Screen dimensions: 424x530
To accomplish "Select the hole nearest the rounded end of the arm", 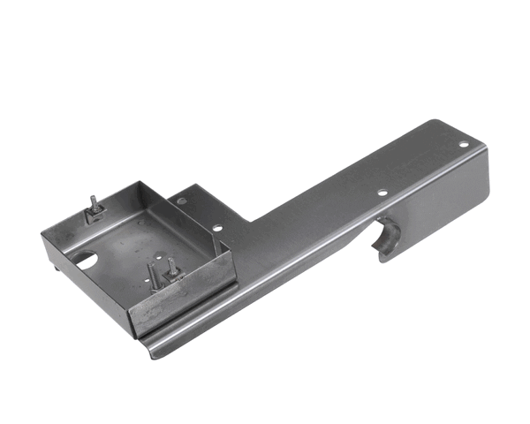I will click(x=464, y=144).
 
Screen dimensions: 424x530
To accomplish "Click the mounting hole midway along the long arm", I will click(x=382, y=192).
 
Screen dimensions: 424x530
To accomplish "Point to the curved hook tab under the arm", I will click(x=388, y=239).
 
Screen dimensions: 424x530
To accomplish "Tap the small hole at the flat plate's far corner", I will click(x=182, y=201).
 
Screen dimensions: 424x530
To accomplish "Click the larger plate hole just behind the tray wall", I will click(x=216, y=229).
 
